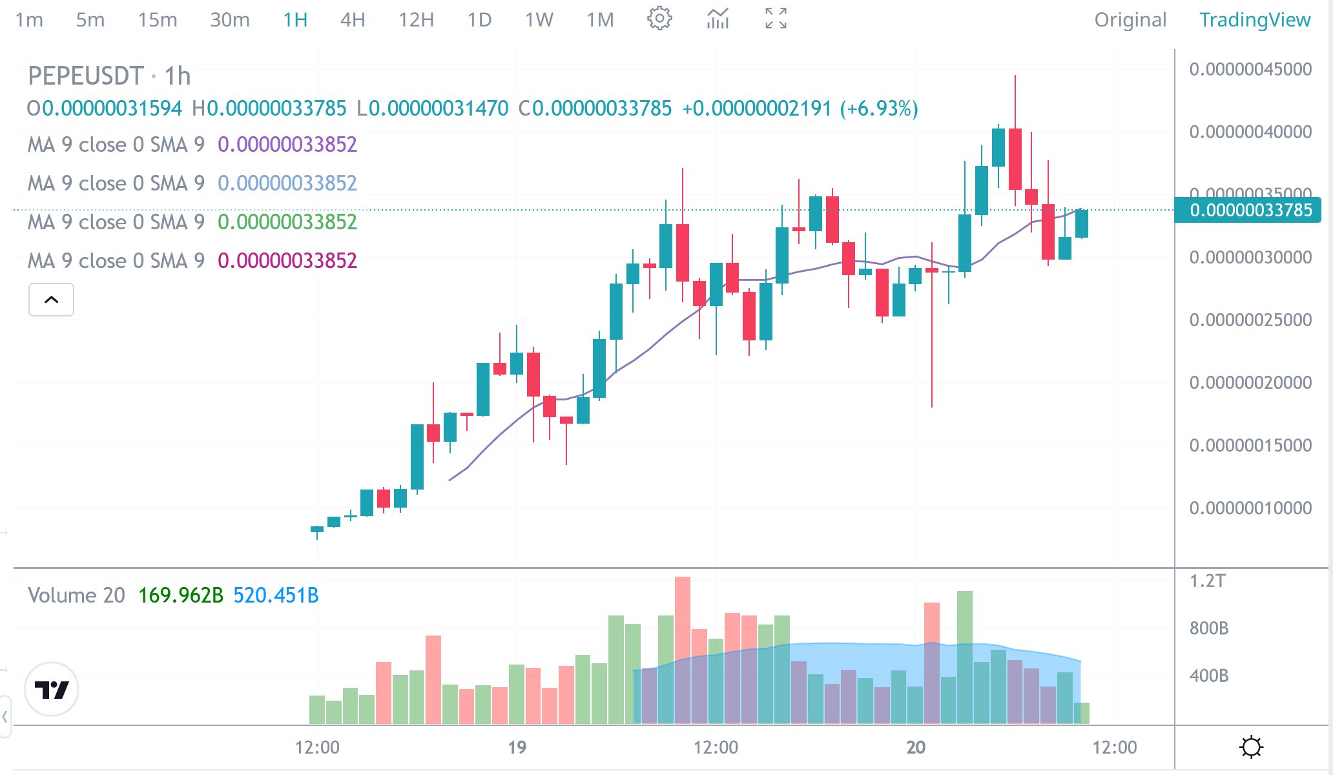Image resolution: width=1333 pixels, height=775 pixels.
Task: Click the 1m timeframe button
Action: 29,20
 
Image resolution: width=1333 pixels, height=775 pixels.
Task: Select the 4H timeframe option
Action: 353,20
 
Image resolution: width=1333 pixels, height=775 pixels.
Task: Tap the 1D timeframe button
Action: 479,20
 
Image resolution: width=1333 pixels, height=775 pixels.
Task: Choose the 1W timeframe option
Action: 539,20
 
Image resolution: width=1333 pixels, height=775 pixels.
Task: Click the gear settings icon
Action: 659,19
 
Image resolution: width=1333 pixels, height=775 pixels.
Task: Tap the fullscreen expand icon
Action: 776,19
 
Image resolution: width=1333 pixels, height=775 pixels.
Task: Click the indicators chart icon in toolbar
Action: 718,19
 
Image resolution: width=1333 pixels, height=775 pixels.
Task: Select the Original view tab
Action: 1130,20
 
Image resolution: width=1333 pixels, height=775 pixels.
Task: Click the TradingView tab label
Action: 1255,20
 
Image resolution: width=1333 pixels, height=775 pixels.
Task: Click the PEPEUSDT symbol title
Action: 85,76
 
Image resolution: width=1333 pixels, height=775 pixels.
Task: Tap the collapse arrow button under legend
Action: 51,300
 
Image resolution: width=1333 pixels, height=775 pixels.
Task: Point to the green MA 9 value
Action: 287,222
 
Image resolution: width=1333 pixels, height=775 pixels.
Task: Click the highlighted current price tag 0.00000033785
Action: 1250,211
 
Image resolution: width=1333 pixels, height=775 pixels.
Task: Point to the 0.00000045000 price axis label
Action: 1250,69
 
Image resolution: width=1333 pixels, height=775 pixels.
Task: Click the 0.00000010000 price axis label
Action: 1250,508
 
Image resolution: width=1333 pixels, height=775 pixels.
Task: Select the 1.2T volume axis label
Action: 1207,581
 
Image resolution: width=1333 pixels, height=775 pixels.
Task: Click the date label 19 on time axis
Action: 517,747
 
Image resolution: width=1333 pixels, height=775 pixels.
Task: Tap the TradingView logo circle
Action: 52,689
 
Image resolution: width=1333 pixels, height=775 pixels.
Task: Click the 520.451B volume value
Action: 276,595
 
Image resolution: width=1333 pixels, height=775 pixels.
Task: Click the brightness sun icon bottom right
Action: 1251,747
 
